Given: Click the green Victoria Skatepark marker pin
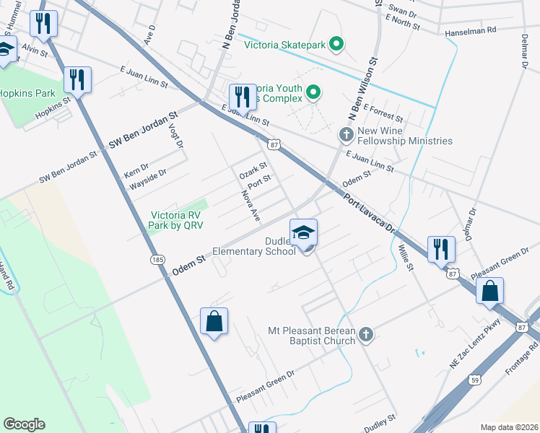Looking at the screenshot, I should [x=336, y=45].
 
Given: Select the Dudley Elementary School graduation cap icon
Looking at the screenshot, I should [x=304, y=232].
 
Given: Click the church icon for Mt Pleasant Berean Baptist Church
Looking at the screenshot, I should [x=366, y=334].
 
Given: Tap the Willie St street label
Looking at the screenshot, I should [x=404, y=258].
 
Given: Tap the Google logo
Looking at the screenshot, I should [x=24, y=424].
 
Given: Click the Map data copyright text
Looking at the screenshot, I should [x=509, y=427].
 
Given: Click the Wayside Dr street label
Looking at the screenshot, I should [x=147, y=179].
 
